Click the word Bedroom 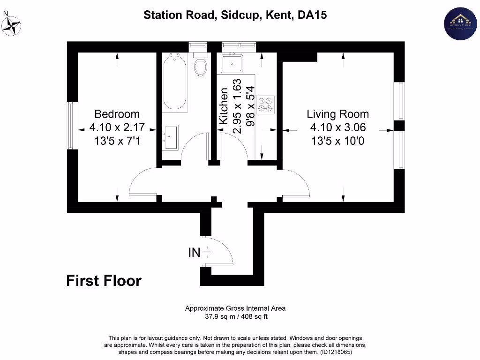(x=117, y=114)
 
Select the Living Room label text (x=337, y=114)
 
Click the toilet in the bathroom (x=200, y=66)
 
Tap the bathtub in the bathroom (x=175, y=82)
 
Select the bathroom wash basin (x=171, y=137)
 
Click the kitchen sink (x=232, y=62)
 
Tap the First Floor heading (x=104, y=280)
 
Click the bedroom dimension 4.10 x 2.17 (x=117, y=127)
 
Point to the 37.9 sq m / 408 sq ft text (x=235, y=316)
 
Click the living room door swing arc (x=298, y=180)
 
